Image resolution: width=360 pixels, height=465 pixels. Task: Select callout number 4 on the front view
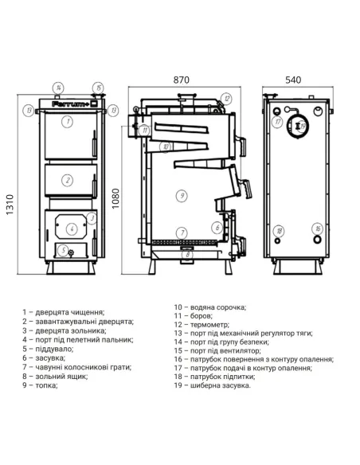[72, 229]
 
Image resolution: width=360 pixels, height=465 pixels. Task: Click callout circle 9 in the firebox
[182, 194]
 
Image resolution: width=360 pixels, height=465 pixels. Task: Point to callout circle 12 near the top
[227, 99]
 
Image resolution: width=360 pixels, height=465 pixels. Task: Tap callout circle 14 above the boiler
[59, 87]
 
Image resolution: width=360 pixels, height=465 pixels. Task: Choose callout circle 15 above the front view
[96, 87]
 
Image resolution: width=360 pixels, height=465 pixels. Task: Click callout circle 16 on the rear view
[316, 228]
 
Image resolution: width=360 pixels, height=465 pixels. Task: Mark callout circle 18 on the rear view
[279, 232]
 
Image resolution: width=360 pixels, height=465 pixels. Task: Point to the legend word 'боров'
[202, 315]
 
